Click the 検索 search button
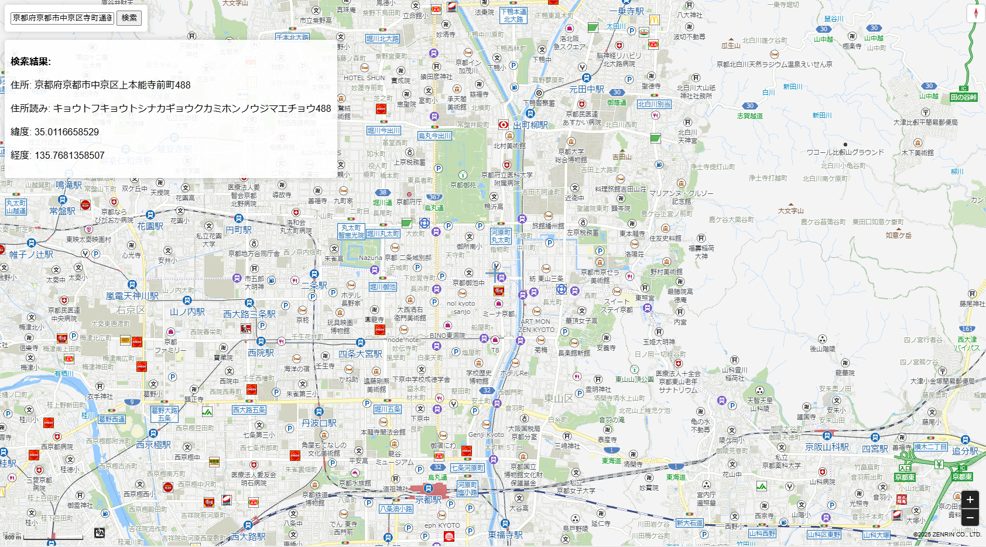click(x=129, y=18)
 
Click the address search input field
click(x=62, y=18)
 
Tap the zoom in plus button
click(x=970, y=500)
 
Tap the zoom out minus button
click(x=970, y=517)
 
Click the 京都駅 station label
click(x=428, y=500)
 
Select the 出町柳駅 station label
click(x=530, y=125)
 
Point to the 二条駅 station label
click(x=314, y=285)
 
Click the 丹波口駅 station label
click(x=319, y=423)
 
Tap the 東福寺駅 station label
click(x=505, y=535)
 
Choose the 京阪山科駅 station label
click(x=827, y=447)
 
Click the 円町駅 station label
click(x=238, y=230)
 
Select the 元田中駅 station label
click(x=587, y=89)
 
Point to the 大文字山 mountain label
click(x=790, y=211)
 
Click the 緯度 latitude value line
click(x=55, y=132)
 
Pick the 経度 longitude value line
click(x=57, y=155)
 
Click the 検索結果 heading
click(x=30, y=61)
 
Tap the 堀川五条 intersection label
click(x=388, y=409)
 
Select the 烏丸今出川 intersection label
click(x=434, y=136)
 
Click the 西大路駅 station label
click(x=248, y=536)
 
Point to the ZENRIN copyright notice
click(x=947, y=534)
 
